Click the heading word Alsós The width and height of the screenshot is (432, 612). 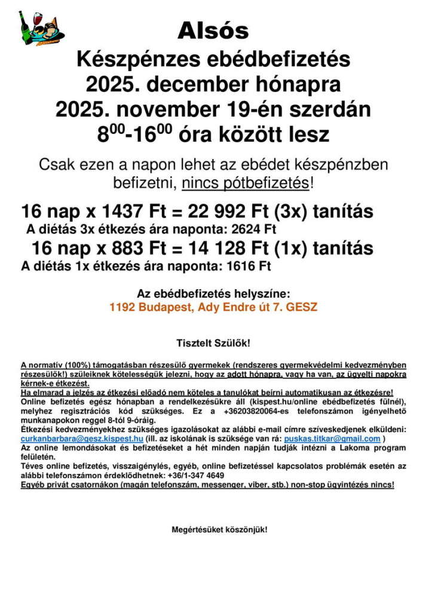click(213, 30)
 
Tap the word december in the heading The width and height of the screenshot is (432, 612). click(198, 84)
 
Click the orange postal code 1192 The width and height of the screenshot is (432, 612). click(122, 307)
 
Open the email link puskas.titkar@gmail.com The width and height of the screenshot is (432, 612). click(332, 438)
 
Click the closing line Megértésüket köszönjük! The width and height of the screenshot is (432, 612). click(219, 530)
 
